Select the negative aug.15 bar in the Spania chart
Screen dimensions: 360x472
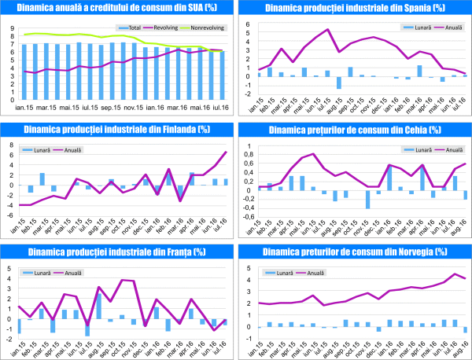pos(338,83)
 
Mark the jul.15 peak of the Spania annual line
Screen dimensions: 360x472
pos(327,30)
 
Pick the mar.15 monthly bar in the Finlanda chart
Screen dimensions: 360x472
pos(42,178)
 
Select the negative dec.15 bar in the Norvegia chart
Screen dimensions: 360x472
pos(378,329)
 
